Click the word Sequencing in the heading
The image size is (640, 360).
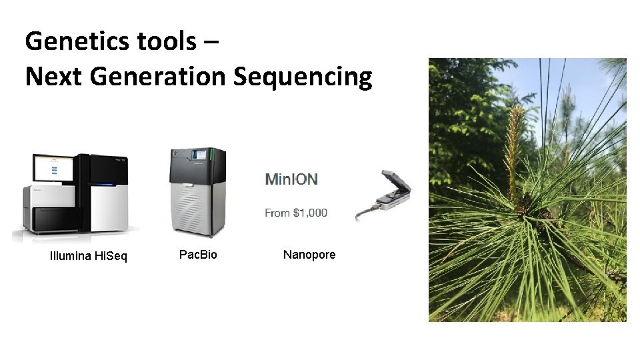click(x=303, y=77)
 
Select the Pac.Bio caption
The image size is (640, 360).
click(x=198, y=255)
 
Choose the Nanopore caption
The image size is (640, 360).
click(x=309, y=255)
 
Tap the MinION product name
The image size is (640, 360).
click(x=291, y=179)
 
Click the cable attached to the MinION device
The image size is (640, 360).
click(x=364, y=213)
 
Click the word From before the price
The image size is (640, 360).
click(x=277, y=213)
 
